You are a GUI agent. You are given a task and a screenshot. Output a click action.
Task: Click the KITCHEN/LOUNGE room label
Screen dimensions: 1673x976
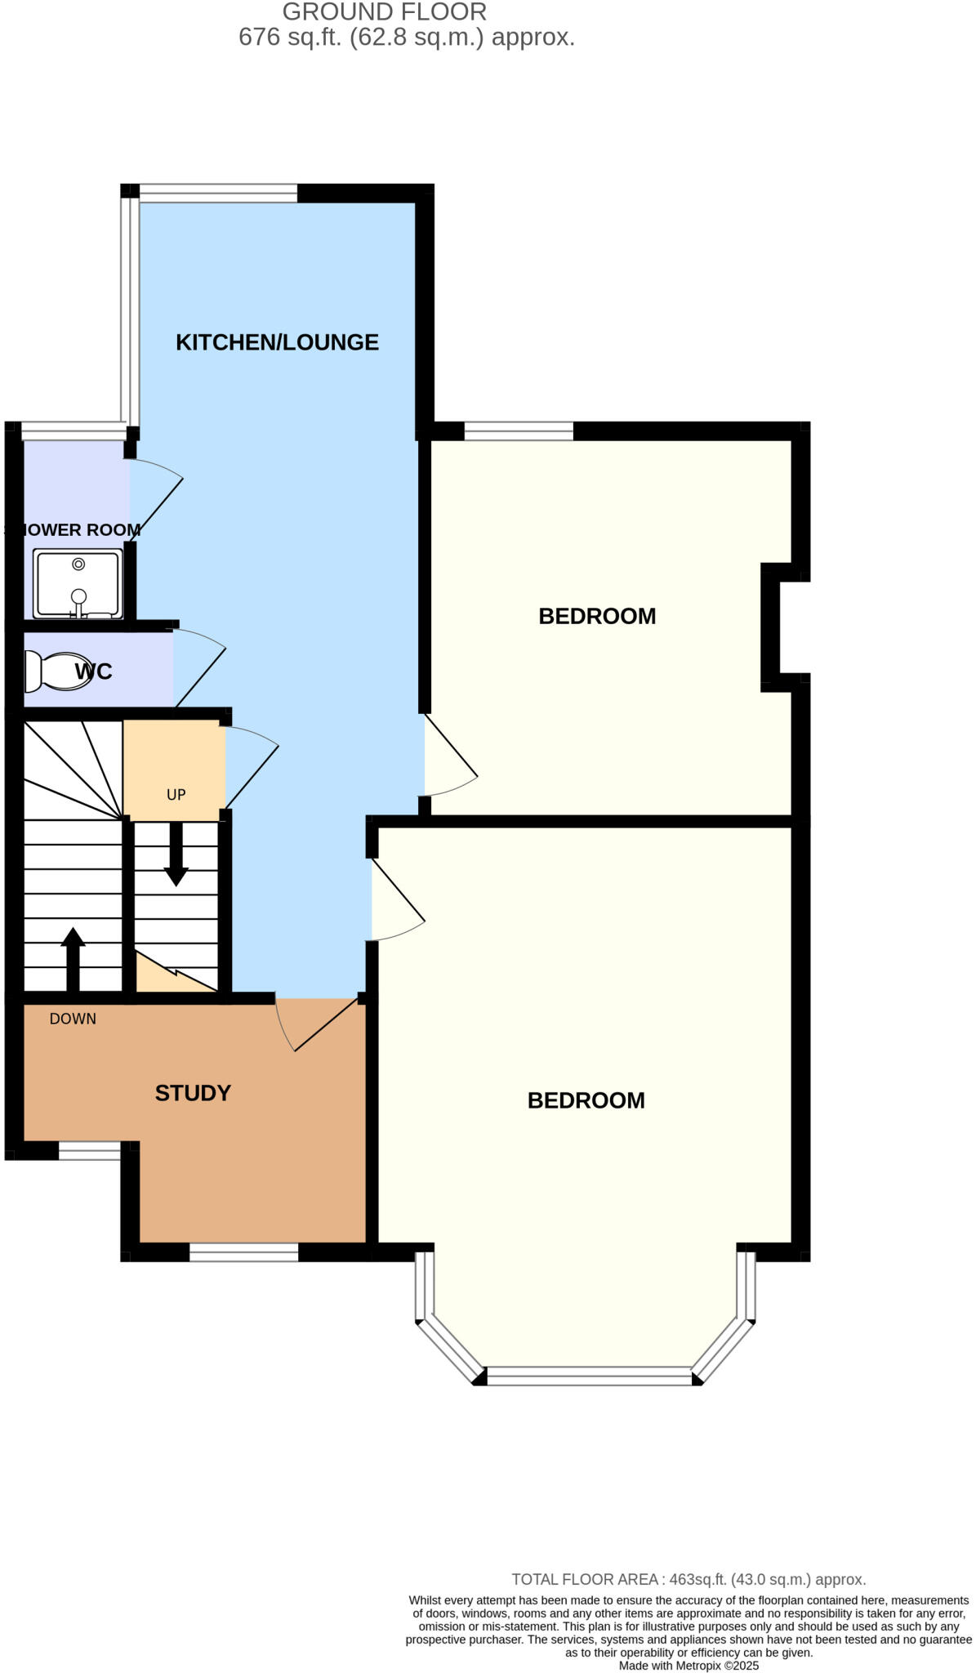[277, 342]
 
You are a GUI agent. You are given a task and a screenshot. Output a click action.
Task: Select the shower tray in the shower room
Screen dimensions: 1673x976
[78, 583]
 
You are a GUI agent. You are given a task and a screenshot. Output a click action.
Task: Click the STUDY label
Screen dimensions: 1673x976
[193, 1093]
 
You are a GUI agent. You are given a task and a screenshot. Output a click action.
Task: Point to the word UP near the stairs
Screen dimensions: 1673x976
[176, 795]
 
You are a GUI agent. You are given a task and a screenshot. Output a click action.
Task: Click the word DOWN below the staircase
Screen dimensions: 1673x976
[73, 1019]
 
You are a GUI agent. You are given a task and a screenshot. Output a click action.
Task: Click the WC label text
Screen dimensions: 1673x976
[94, 671]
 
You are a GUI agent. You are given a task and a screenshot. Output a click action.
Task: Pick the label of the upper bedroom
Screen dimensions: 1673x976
[597, 616]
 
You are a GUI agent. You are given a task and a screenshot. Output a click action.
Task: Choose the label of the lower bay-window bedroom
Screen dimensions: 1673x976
[586, 1100]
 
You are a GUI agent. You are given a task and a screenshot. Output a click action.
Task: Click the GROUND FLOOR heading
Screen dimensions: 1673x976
[384, 12]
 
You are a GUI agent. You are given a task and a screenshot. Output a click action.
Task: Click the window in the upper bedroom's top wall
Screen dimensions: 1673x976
[519, 431]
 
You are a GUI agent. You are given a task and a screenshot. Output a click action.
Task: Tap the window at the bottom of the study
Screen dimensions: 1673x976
[243, 1252]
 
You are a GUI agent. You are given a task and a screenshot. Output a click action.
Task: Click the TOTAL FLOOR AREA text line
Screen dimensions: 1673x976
[689, 1579]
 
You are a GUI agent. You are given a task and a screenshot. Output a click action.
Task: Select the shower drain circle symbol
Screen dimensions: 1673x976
[78, 564]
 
